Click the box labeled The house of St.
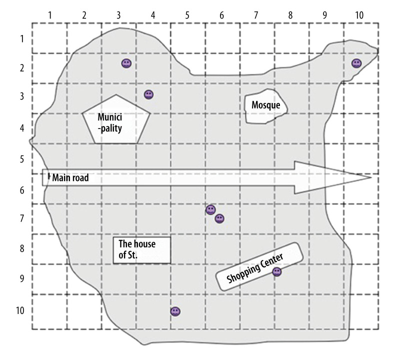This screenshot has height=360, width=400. [142, 249]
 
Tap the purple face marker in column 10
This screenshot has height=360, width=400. [356, 63]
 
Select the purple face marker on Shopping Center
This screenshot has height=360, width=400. [276, 271]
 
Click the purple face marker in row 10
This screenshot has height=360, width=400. [175, 311]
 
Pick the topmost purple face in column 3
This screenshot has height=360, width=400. [126, 63]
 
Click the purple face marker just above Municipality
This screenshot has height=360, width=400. [148, 94]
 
